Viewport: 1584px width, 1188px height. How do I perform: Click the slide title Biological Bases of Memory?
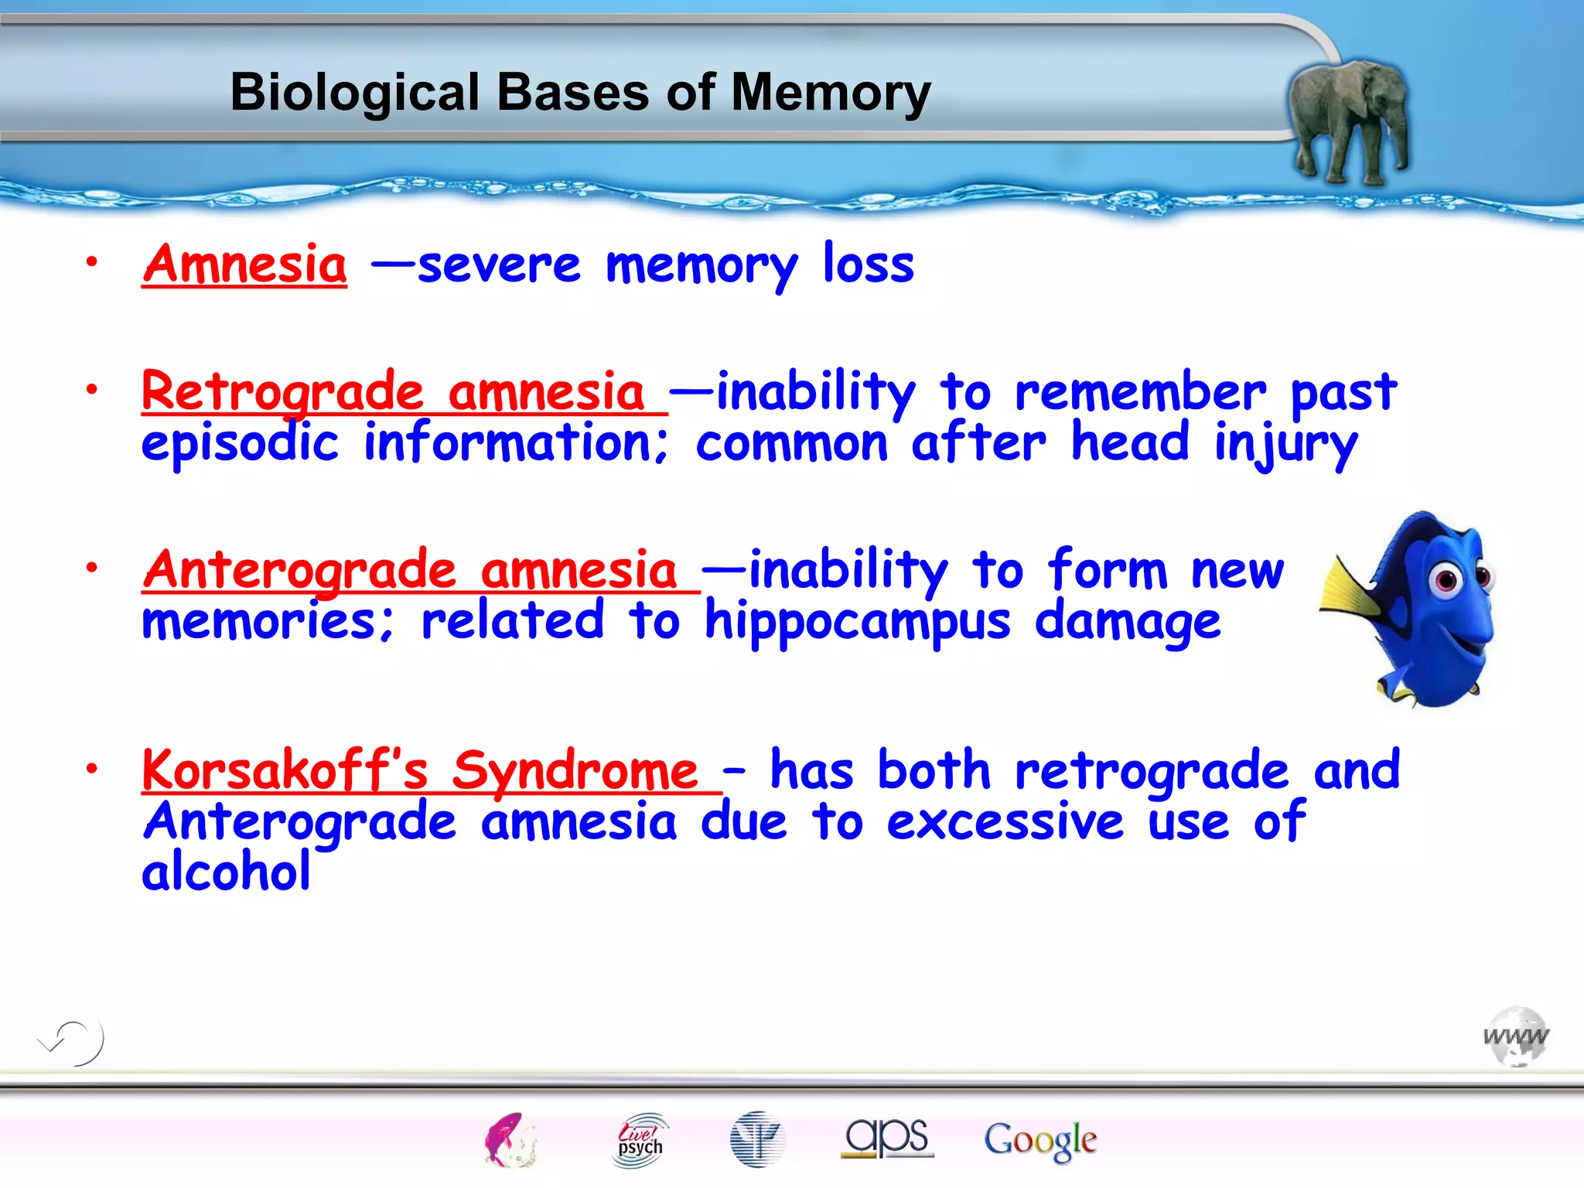click(580, 93)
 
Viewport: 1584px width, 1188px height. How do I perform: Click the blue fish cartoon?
click(1423, 611)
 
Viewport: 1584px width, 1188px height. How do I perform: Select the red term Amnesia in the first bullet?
click(245, 265)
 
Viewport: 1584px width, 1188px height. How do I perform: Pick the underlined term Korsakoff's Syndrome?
click(422, 771)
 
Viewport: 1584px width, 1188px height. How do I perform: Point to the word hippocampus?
click(857, 623)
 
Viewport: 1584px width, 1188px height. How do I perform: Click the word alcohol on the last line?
click(226, 872)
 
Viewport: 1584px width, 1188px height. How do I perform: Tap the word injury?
click(1285, 445)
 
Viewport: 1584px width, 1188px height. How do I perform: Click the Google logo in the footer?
click(1040, 1140)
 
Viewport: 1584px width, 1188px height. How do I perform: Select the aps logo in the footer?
click(887, 1138)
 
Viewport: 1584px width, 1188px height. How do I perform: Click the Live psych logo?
click(640, 1139)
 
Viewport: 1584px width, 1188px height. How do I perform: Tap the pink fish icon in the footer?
click(509, 1139)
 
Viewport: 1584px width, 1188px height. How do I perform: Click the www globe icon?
click(1516, 1036)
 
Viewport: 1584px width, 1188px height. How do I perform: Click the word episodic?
click(240, 445)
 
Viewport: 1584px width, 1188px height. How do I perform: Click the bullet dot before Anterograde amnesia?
click(92, 568)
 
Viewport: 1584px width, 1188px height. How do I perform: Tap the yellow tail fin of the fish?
click(1350, 592)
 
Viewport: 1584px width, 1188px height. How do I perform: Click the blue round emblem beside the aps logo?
click(757, 1139)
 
